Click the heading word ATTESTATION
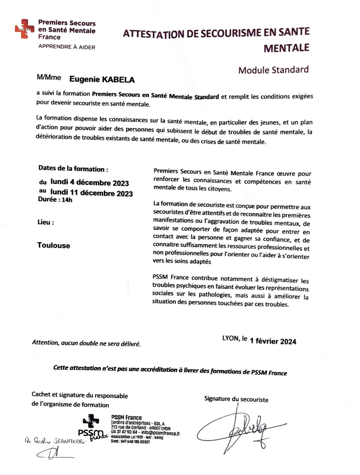coord(160,34)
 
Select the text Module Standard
coord(273,70)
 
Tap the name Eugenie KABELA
coord(101,80)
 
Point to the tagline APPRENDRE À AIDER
coord(66,47)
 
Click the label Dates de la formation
coord(73,169)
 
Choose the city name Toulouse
coord(54,245)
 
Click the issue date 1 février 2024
coord(273,341)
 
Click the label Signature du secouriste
coord(236,399)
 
